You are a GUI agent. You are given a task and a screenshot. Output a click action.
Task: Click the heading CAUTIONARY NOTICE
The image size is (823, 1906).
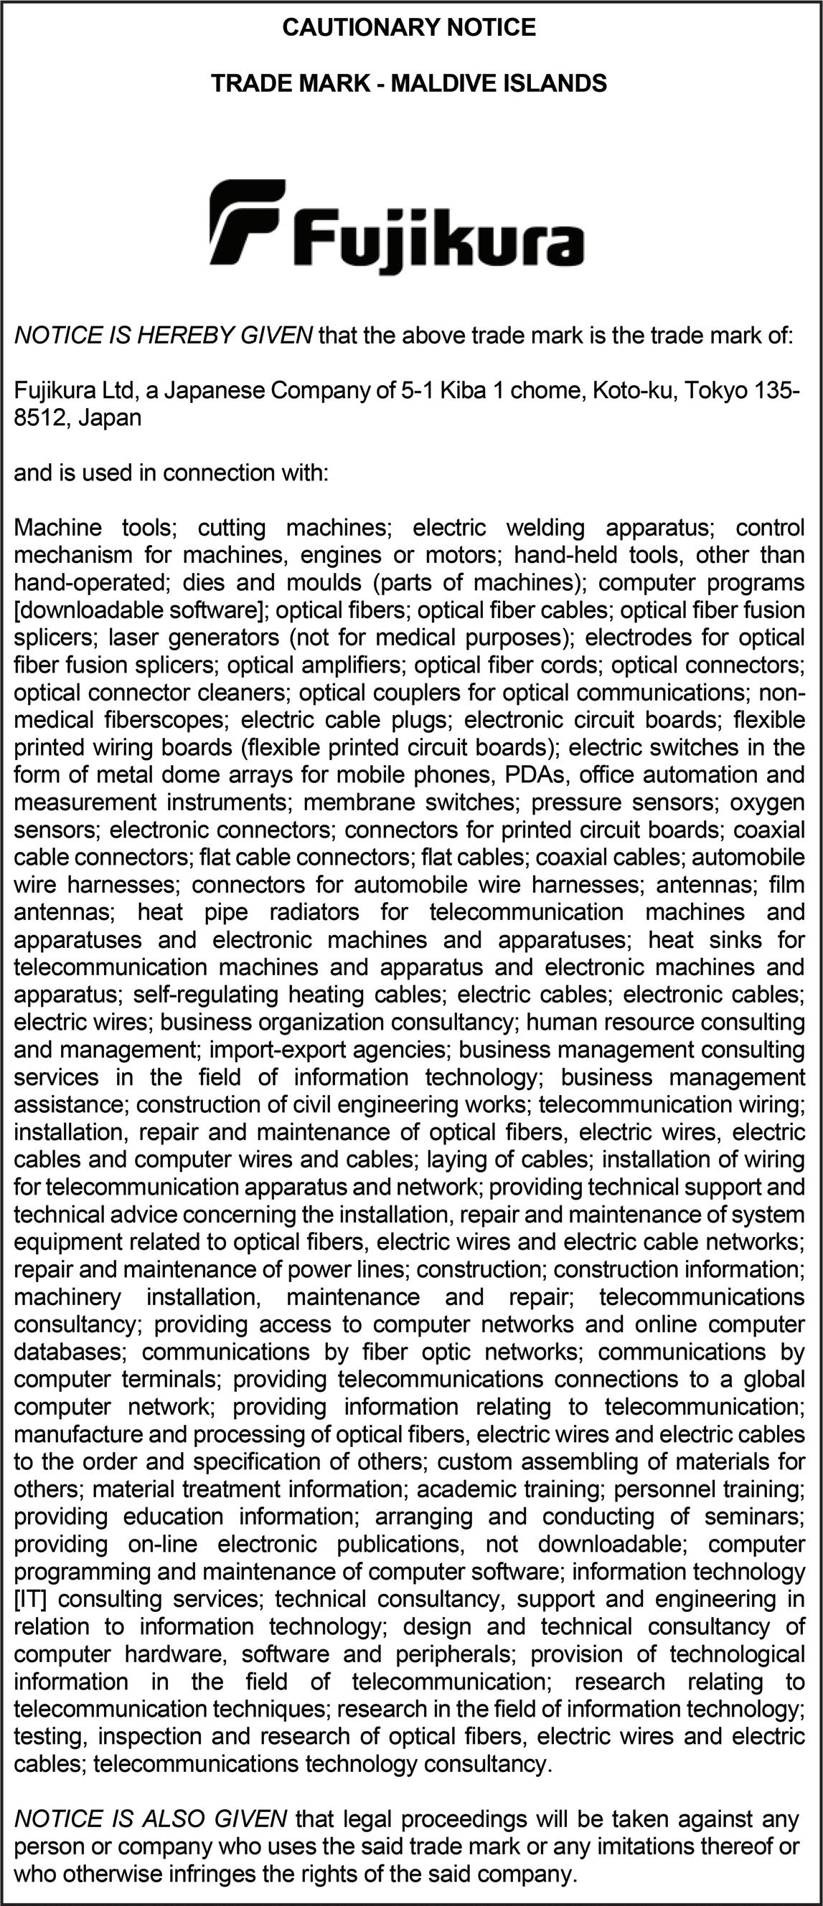point(409,28)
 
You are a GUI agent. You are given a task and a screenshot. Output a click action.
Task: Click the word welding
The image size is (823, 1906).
point(545,528)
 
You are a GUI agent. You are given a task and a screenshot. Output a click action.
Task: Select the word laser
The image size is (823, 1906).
point(136,637)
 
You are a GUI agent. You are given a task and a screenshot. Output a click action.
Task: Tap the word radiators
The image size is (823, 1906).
point(314,912)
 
